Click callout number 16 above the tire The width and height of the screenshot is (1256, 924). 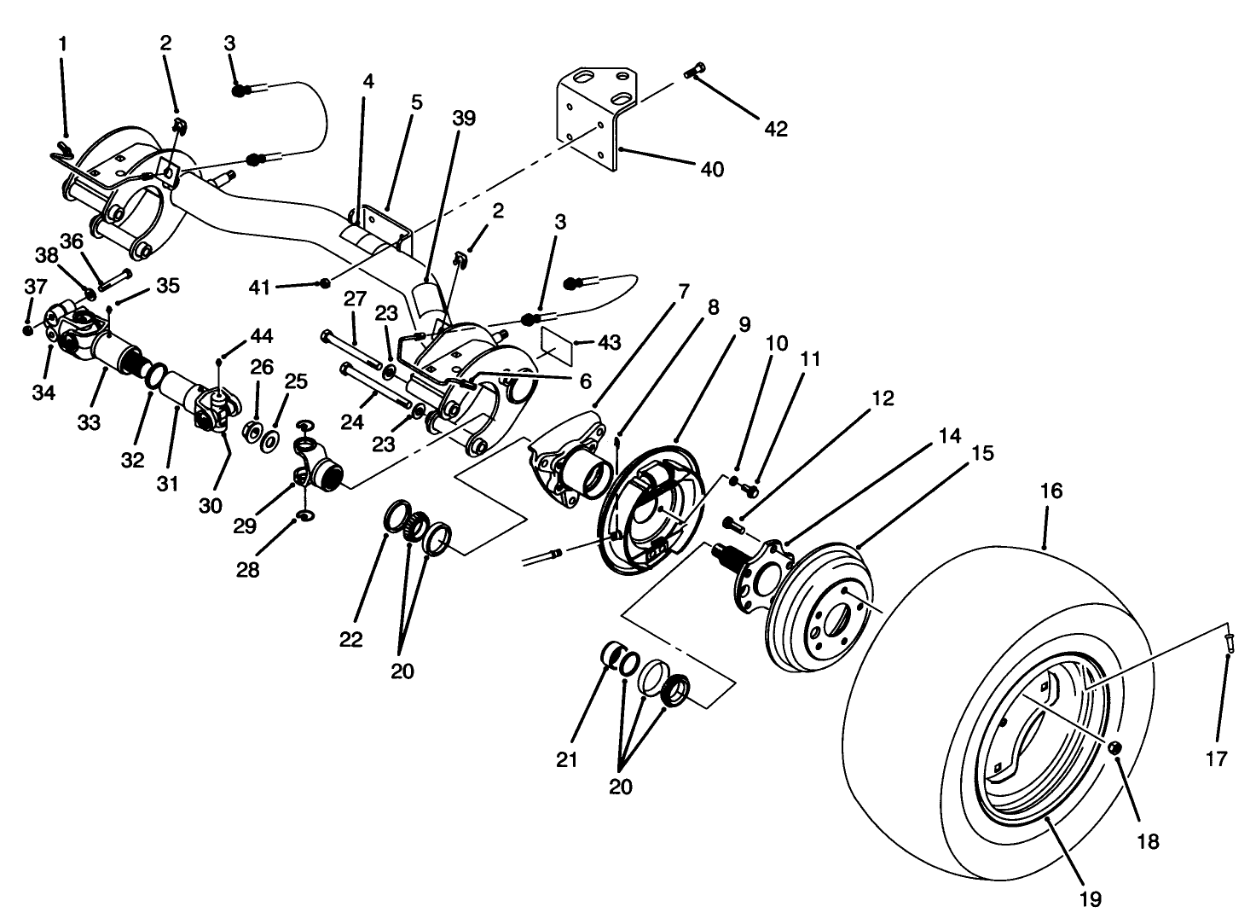tap(1051, 491)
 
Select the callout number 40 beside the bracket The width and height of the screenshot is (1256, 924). tap(711, 169)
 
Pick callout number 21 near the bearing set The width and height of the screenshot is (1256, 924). tap(567, 759)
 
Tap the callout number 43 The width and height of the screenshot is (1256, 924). tap(607, 342)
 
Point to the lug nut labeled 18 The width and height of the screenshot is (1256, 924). tap(1114, 748)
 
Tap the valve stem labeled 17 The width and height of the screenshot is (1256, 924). tap(1228, 640)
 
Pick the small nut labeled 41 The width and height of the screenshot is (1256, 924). tap(325, 283)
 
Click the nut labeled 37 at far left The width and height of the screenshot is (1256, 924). tap(28, 329)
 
